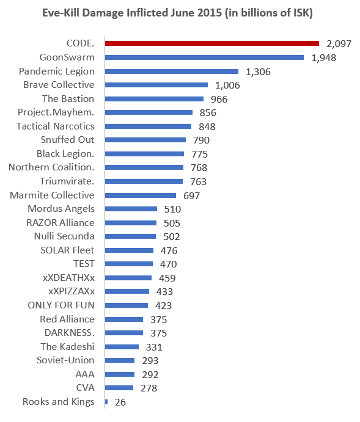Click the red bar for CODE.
tap(212, 43)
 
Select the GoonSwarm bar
tap(204, 57)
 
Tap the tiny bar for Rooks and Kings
tap(106, 402)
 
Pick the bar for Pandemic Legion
tap(172, 71)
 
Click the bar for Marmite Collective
tap(141, 195)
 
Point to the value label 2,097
tap(339, 44)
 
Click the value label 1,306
tap(258, 72)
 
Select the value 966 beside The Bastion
tap(219, 100)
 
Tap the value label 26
tap(120, 402)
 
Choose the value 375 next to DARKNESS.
tap(158, 333)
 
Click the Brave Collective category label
tap(59, 85)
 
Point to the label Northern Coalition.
tap(51, 167)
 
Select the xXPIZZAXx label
tap(72, 291)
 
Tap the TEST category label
tap(84, 264)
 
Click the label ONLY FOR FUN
tap(61, 305)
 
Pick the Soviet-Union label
tap(65, 360)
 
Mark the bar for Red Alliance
tap(124, 319)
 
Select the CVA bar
tap(119, 388)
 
